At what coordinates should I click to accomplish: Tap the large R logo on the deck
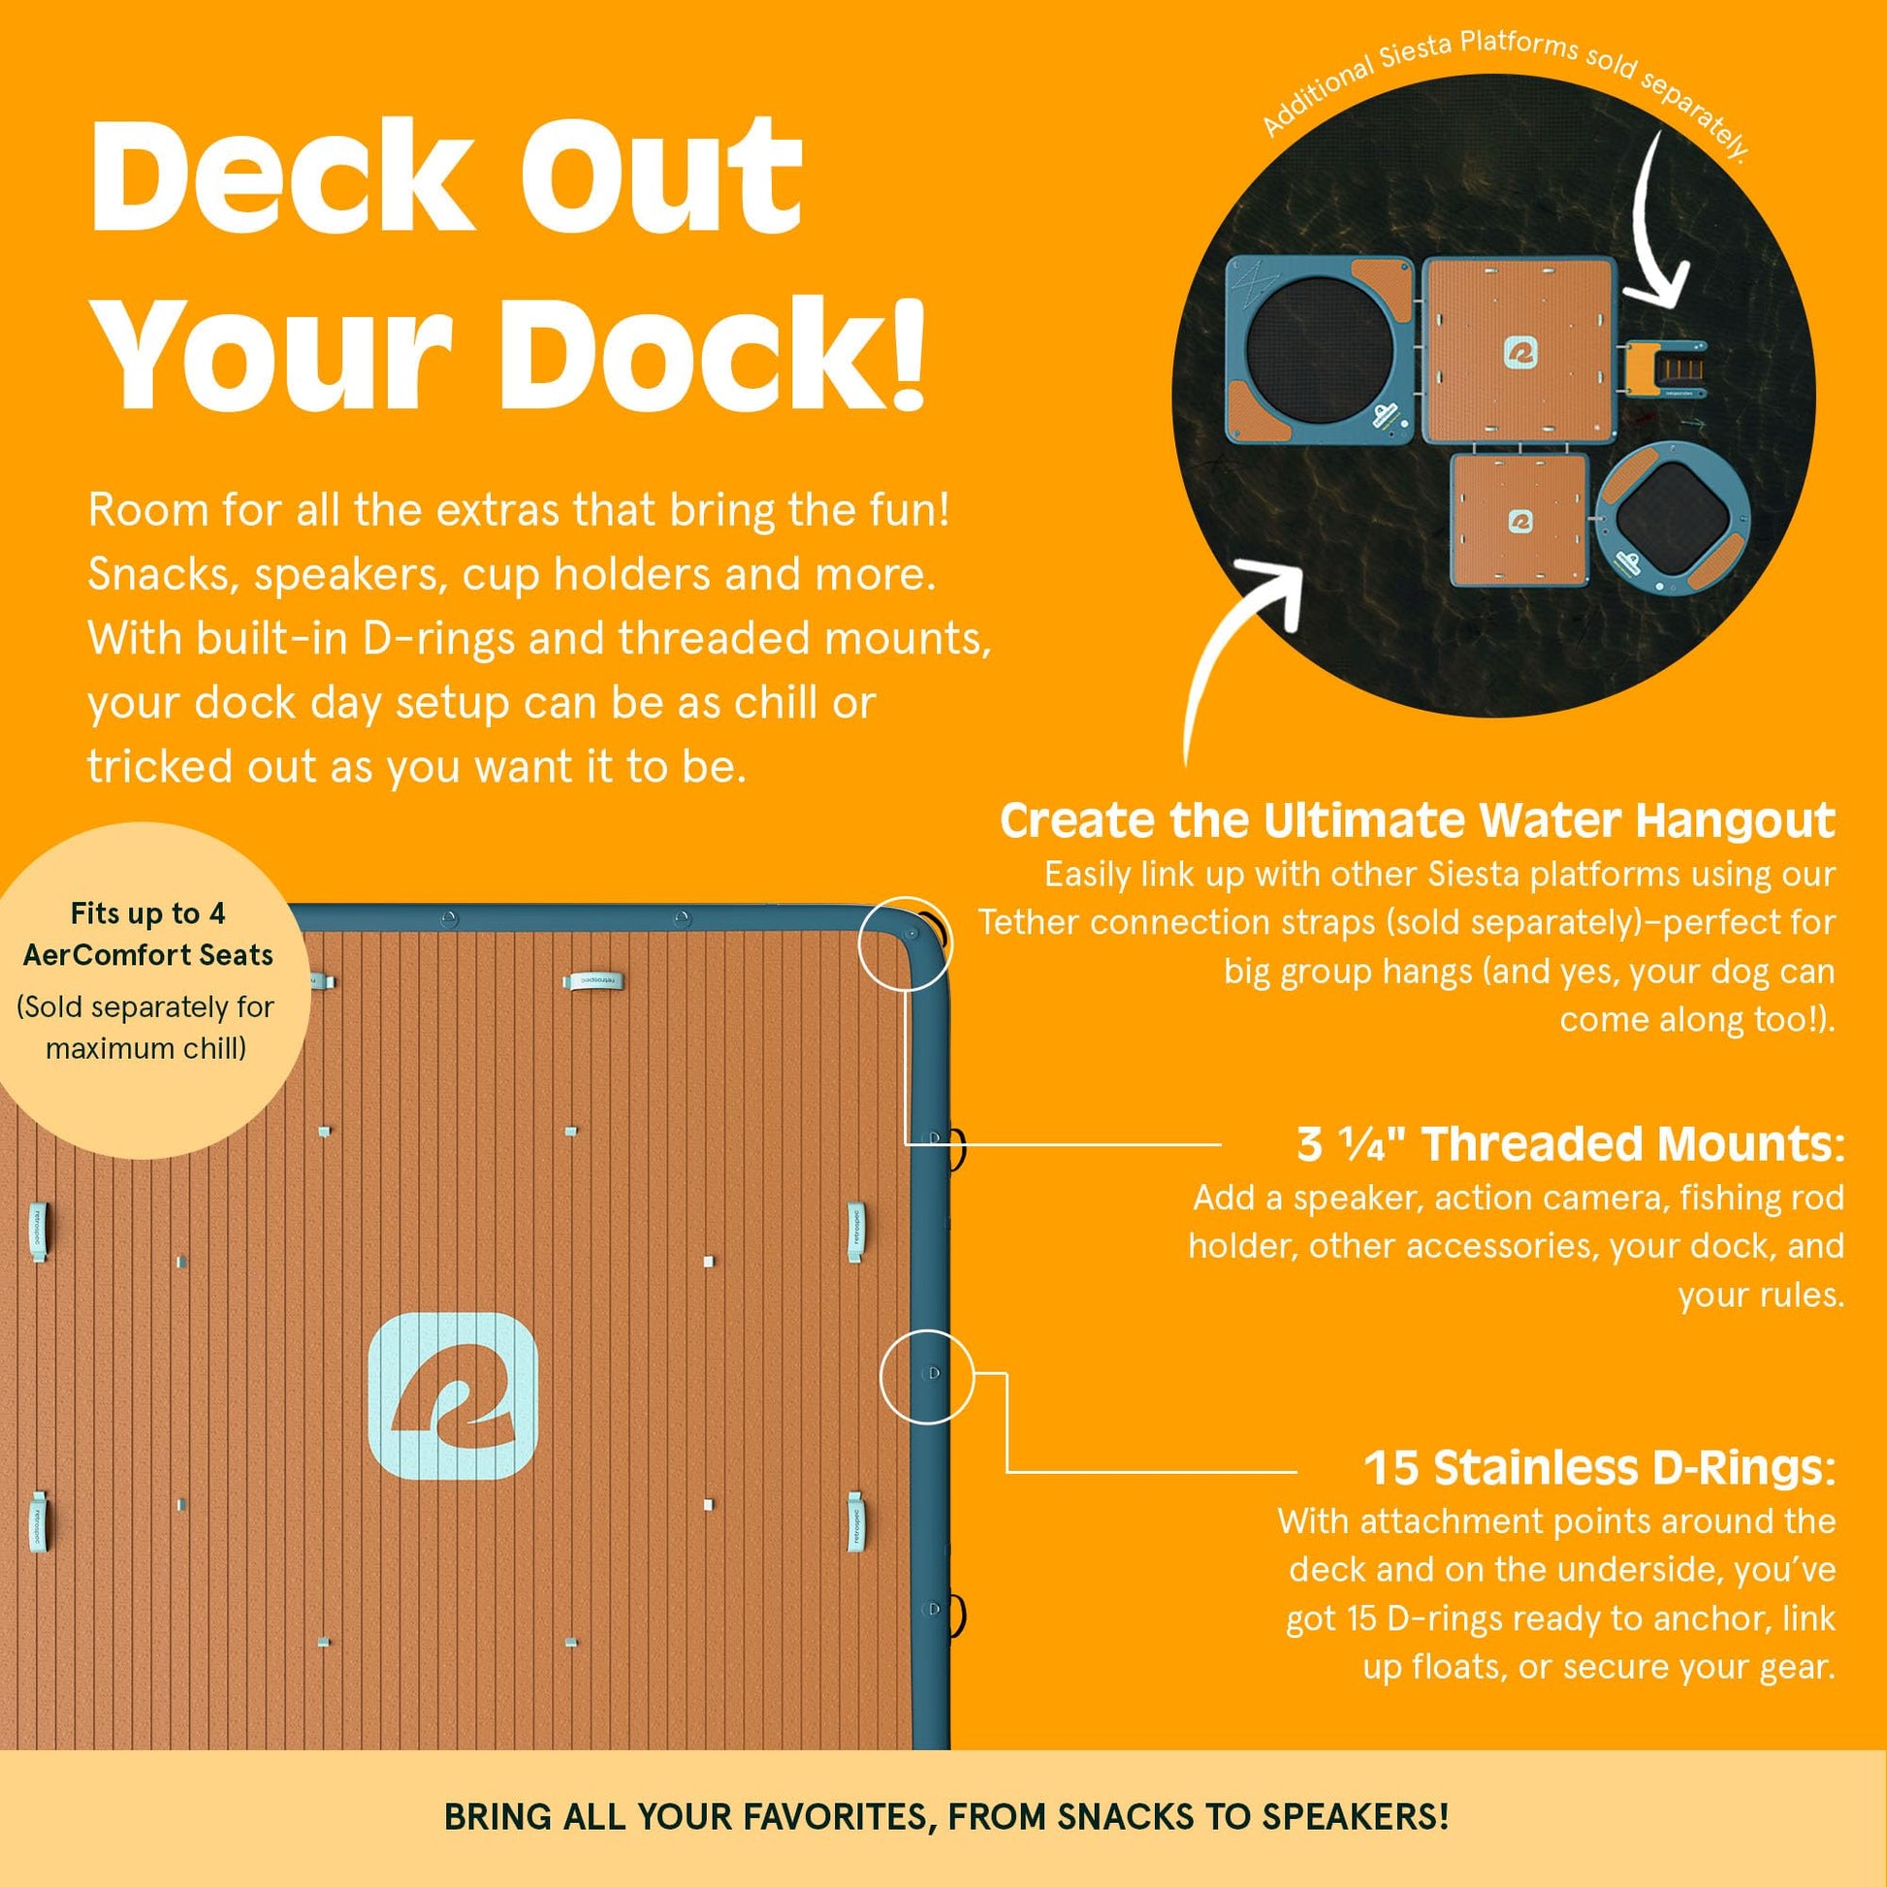[453, 1395]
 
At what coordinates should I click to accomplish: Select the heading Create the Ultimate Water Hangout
[1418, 821]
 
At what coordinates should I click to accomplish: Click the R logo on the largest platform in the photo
[1519, 354]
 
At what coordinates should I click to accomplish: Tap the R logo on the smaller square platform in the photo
[1519, 521]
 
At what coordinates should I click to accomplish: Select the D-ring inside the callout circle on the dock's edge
[934, 1373]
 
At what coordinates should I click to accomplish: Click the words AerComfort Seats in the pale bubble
[148, 955]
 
